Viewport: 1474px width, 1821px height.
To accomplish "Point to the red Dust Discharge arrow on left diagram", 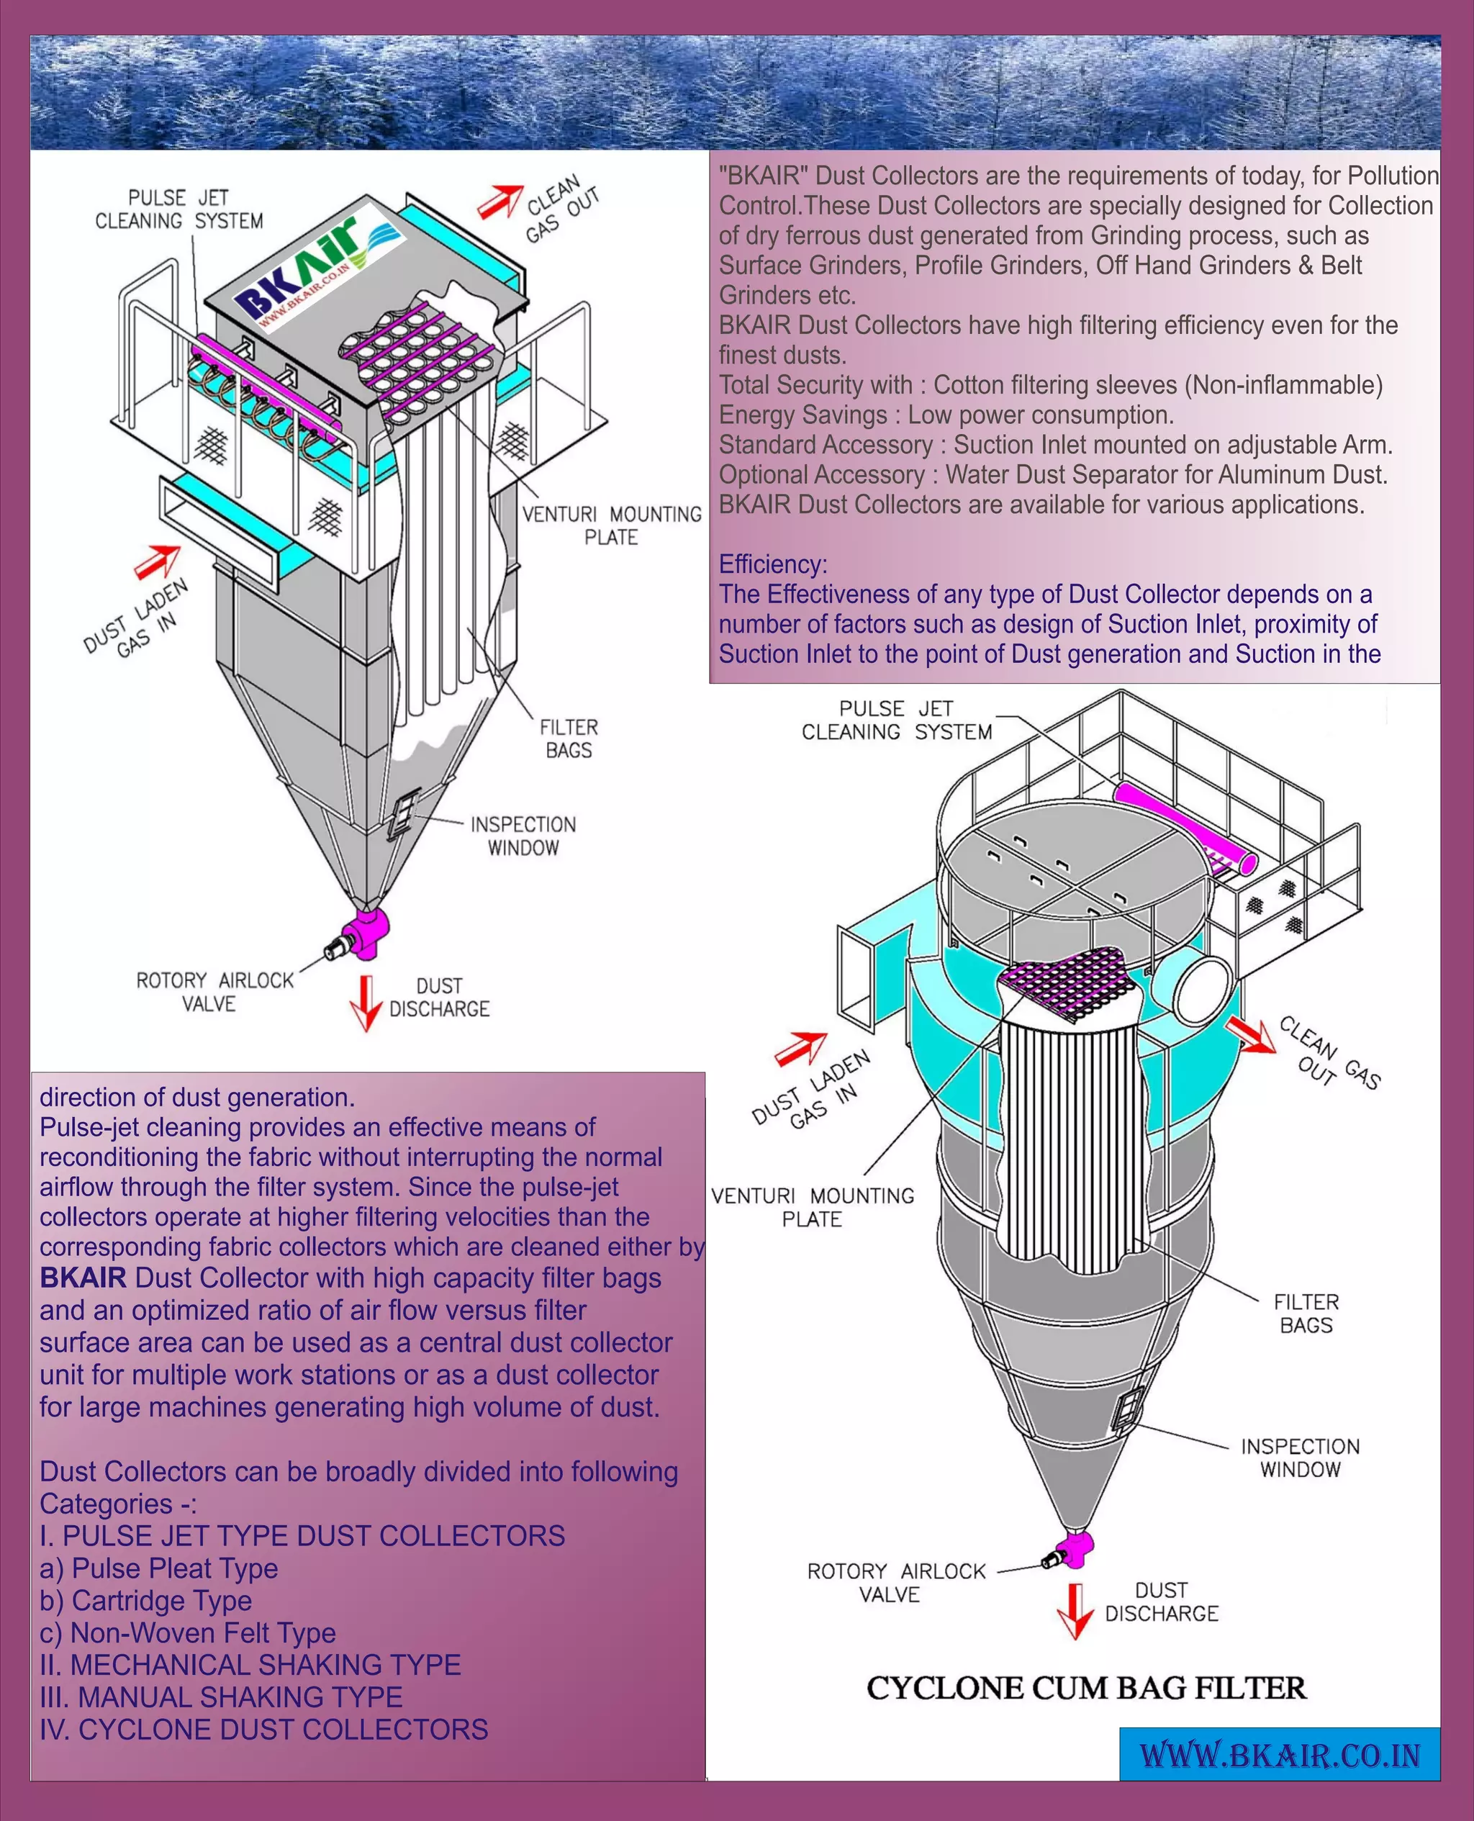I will coord(366,1003).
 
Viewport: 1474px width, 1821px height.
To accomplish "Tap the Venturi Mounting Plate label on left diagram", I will coord(611,525).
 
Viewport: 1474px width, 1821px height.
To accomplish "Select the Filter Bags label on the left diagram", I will coord(569,738).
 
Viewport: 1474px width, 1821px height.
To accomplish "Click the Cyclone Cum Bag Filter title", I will coord(1086,1688).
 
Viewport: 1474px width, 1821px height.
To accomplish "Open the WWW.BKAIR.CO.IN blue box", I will coord(1280,1754).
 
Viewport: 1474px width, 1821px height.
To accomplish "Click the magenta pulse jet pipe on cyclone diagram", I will coord(1185,827).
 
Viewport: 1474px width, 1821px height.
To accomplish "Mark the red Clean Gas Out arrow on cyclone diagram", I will coord(1251,1035).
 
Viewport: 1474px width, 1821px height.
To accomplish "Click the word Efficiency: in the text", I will coord(773,564).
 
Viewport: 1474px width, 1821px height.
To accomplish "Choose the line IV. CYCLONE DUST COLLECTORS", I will coord(264,1730).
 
